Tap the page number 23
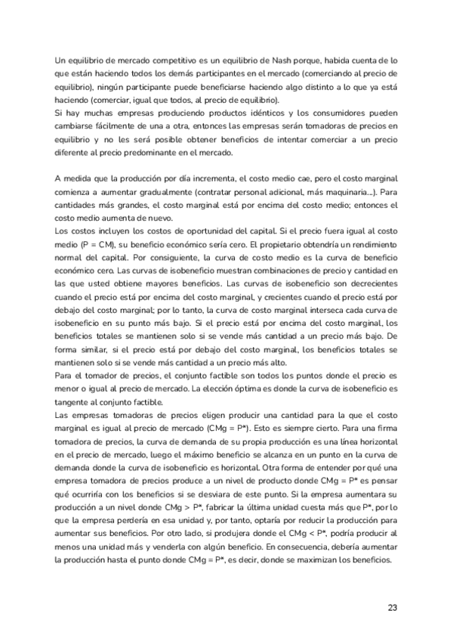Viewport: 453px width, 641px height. coord(392,607)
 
